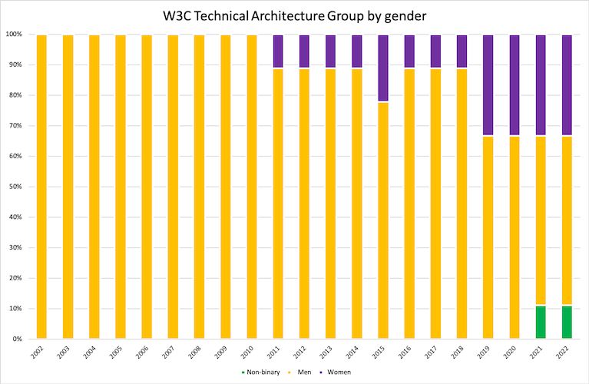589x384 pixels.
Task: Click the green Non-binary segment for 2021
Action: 541,323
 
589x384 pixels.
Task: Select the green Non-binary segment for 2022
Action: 567,323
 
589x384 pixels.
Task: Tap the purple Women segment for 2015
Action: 383,68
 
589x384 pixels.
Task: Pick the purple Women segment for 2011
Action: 278,51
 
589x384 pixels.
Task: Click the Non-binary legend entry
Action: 258,372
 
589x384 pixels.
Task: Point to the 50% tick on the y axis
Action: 15,187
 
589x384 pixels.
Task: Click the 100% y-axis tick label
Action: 14,35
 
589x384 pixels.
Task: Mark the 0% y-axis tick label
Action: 18,339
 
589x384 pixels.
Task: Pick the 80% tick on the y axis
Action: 15,95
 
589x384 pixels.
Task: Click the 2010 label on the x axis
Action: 250,356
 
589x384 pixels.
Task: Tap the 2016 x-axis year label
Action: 409,356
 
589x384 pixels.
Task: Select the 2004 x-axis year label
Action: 93,356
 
